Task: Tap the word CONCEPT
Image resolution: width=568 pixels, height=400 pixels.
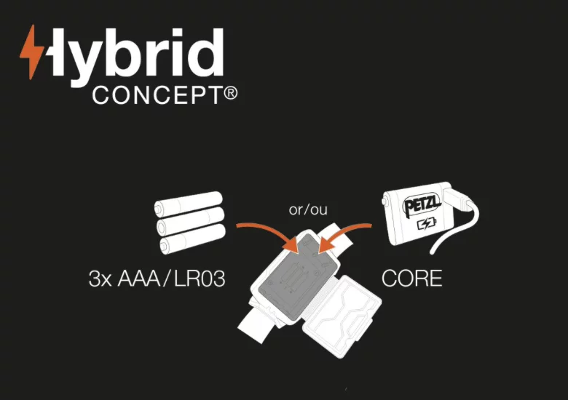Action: pyautogui.click(x=157, y=95)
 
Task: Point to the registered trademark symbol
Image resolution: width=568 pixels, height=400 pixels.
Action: pyautogui.click(x=231, y=94)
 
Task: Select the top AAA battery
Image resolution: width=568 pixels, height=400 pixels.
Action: pyautogui.click(x=189, y=204)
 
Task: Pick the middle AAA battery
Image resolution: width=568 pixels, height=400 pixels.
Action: pyautogui.click(x=191, y=220)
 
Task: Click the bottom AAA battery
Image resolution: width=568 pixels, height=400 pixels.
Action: pyautogui.click(x=192, y=238)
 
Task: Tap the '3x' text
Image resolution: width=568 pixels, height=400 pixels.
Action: pyautogui.click(x=100, y=279)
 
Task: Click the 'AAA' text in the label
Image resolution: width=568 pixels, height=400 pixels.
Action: pyautogui.click(x=139, y=279)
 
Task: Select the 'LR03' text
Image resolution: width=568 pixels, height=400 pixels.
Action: pyautogui.click(x=200, y=279)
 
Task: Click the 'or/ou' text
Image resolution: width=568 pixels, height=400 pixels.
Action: pyautogui.click(x=308, y=209)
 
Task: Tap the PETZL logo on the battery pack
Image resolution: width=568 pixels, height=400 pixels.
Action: pyautogui.click(x=422, y=205)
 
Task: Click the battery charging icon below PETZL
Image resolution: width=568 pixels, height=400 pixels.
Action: pyautogui.click(x=427, y=224)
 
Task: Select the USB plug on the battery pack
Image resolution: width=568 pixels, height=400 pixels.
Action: pyautogui.click(x=457, y=200)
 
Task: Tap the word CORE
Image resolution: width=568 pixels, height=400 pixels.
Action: pyautogui.click(x=412, y=279)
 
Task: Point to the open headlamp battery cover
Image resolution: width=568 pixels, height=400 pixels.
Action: pyautogui.click(x=342, y=316)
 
